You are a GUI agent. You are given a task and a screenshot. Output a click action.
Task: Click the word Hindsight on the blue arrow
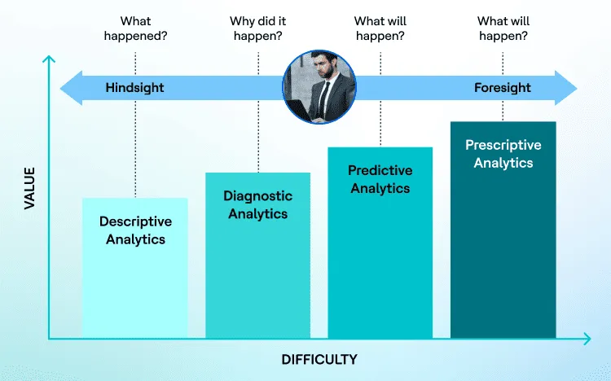pos(134,88)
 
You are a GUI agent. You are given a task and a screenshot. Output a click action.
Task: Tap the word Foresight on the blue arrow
pos(502,88)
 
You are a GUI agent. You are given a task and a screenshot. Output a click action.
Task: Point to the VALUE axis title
pos(30,189)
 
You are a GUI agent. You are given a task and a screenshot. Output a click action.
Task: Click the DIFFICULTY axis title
pos(319,359)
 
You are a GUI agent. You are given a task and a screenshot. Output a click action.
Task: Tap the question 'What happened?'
pos(135,28)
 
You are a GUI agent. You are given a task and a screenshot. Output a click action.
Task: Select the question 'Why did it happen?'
pos(257,28)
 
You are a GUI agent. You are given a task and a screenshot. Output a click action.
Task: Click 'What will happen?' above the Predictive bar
pos(380,28)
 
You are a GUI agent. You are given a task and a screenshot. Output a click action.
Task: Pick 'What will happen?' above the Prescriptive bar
pos(502,28)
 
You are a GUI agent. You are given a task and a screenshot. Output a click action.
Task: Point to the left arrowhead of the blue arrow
pos(69,88)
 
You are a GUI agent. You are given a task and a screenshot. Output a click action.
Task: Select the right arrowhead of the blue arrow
pos(567,88)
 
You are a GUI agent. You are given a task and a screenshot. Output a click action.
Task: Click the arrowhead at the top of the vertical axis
pos(49,59)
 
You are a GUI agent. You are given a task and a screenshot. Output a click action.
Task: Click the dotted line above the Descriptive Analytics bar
pos(135,147)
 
